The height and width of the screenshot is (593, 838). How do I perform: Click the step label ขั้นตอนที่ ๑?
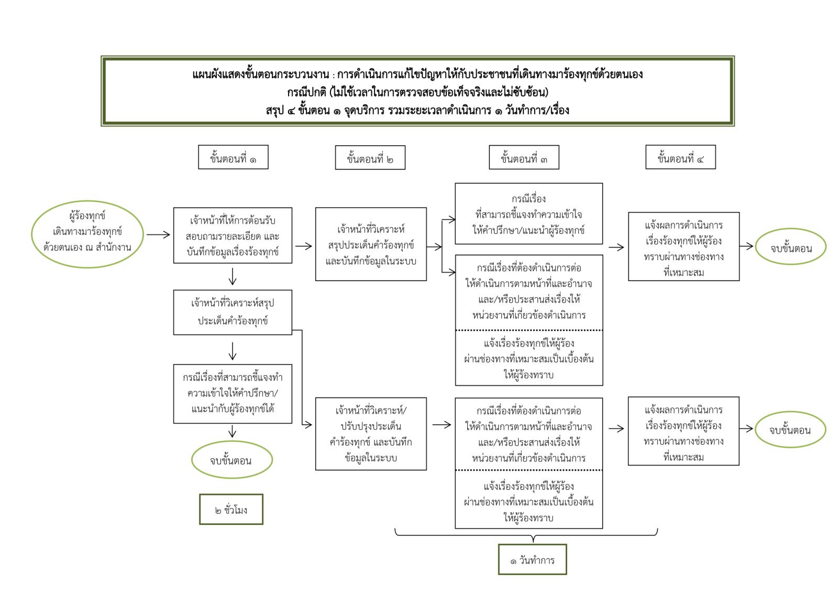233,157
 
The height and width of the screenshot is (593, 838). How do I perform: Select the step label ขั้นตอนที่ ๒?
370,158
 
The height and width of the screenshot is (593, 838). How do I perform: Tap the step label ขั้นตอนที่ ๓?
524,158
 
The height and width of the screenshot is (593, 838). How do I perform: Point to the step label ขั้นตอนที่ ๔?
680,157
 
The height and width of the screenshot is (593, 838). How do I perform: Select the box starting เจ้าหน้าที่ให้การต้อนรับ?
233,235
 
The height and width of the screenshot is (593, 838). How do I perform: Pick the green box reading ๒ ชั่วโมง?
231,509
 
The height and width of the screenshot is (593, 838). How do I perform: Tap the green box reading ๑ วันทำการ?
532,560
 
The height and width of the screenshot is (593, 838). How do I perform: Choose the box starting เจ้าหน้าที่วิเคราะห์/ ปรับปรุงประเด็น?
371,434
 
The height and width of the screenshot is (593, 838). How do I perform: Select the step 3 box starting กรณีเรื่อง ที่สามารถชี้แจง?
528,214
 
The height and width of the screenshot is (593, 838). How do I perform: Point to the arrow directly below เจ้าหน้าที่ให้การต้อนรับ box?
233,276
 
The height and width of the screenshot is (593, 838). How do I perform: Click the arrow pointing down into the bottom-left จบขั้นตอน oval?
233,432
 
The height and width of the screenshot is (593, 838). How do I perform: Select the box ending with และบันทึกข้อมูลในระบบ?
371,244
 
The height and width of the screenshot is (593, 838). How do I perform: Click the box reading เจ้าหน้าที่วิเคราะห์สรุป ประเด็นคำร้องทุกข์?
233,312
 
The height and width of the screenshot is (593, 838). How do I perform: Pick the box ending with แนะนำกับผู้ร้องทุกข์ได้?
233,394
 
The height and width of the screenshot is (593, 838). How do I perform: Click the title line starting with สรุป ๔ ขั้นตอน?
417,111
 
